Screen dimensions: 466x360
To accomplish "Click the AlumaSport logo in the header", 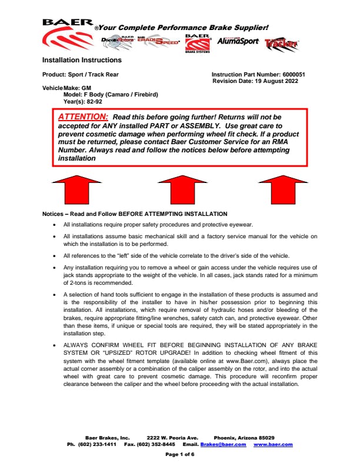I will click(238, 42).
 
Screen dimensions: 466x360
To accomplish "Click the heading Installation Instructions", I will click(82, 60).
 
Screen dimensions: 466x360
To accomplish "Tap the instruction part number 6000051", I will click(294, 75).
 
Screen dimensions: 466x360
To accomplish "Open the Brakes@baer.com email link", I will click(223, 444).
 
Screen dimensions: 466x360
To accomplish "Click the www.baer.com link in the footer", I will click(273, 444).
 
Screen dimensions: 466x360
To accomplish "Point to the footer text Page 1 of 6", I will click(180, 455).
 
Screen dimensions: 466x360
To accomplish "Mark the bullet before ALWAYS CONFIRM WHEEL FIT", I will click(55, 345).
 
